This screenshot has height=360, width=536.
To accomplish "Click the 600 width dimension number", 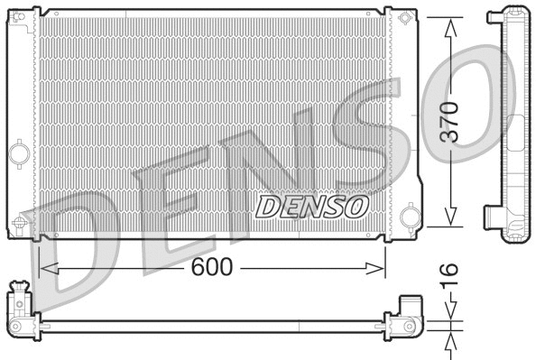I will click(x=211, y=268).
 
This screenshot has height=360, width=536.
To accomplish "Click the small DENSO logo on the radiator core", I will click(x=312, y=206).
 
